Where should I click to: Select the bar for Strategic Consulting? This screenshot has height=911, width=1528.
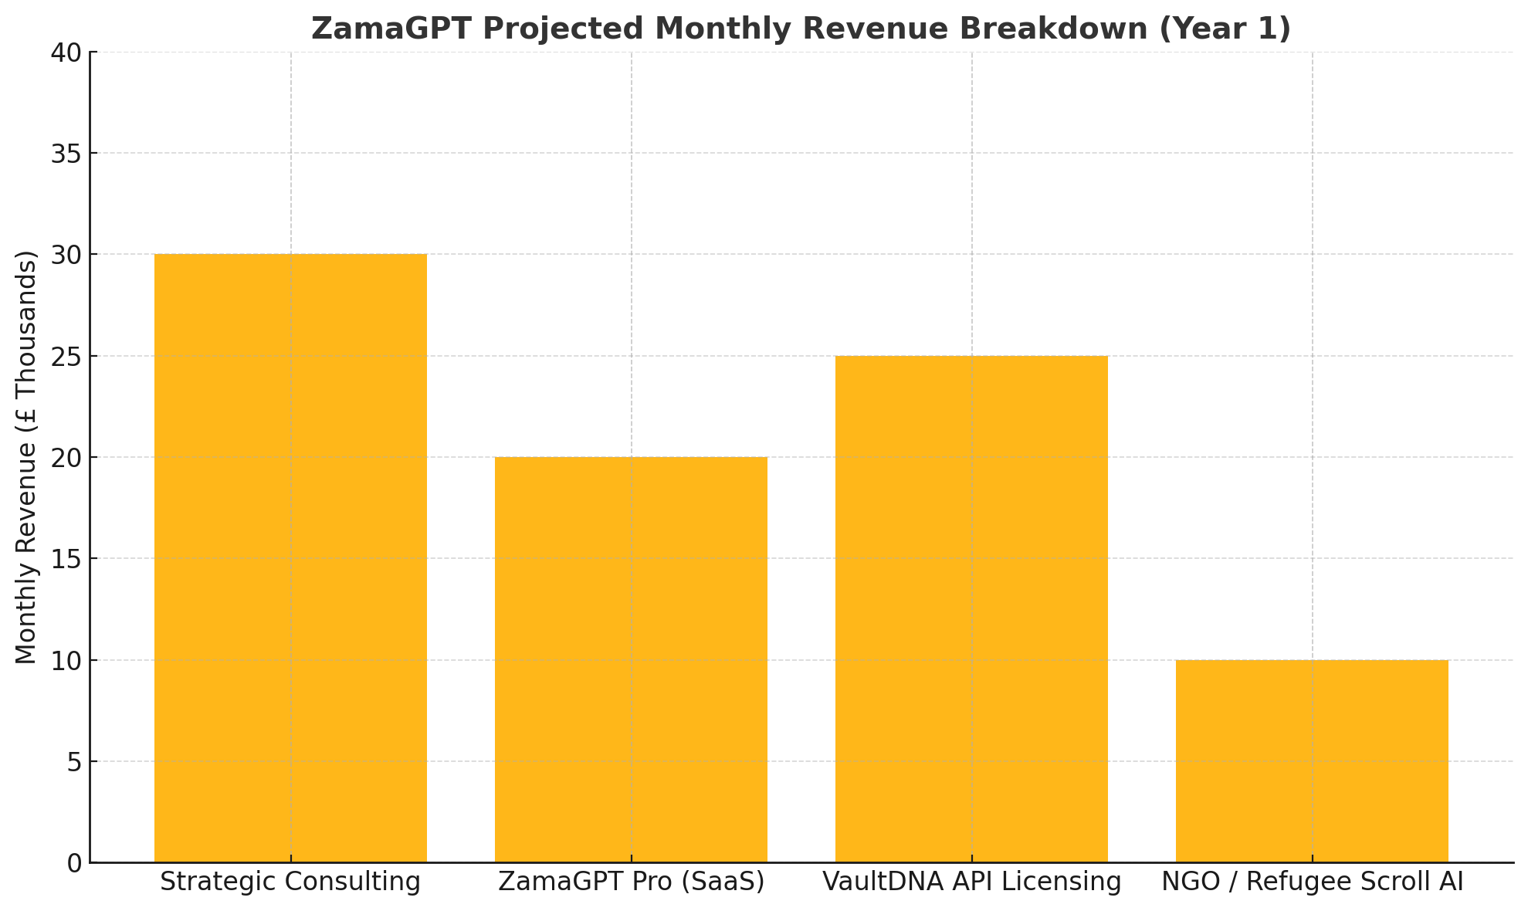[290, 557]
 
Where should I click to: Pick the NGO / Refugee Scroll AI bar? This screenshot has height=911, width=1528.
[1312, 760]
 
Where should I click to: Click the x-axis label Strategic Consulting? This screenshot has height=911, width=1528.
[290, 882]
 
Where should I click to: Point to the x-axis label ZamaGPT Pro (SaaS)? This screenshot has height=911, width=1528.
[631, 882]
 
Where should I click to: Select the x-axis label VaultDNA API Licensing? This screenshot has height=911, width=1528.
[971, 882]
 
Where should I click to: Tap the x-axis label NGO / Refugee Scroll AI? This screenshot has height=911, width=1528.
[1312, 882]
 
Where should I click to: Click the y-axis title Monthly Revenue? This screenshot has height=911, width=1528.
[26, 457]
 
